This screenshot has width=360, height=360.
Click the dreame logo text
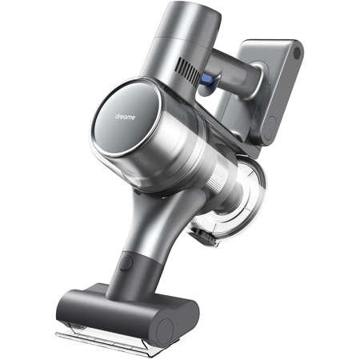point(125,117)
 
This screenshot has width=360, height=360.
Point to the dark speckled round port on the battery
point(297,53)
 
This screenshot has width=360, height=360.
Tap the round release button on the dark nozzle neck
point(125,263)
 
